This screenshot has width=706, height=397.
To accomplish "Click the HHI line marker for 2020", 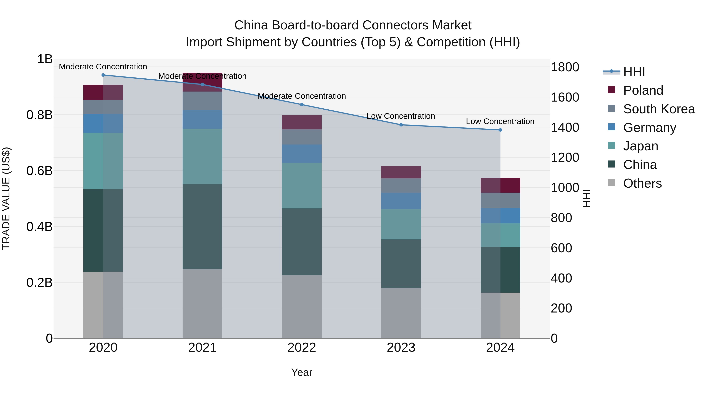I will (x=103, y=75).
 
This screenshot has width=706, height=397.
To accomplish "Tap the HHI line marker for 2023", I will (x=401, y=125).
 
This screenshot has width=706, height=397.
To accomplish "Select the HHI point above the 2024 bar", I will (x=500, y=130).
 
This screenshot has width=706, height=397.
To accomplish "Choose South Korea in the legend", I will (x=659, y=109).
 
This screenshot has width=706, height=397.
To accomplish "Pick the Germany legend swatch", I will (x=611, y=127).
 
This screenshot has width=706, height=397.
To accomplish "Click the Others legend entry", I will (x=642, y=183).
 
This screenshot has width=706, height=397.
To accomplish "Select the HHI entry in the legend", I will (x=634, y=72).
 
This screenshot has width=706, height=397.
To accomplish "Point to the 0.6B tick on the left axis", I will (x=39, y=171).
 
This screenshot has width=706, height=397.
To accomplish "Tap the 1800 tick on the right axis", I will (x=565, y=67).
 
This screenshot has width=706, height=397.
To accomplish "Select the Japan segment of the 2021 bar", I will (x=202, y=156).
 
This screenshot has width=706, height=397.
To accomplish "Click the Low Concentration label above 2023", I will (x=401, y=116).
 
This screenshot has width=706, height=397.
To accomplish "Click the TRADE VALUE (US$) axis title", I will (x=6, y=198).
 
